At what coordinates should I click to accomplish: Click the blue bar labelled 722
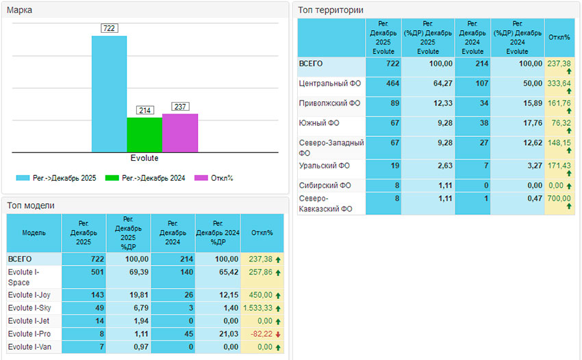pyautogui.click(x=109, y=94)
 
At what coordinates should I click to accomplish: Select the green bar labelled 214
pyautogui.click(x=144, y=135)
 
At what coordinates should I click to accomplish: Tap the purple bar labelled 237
pyautogui.click(x=180, y=133)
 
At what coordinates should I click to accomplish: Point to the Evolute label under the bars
pyautogui.click(x=144, y=158)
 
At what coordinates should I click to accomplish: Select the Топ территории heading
pyautogui.click(x=331, y=10)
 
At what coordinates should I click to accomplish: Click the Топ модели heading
pyautogui.click(x=30, y=205)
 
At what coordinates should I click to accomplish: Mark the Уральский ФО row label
pyautogui.click(x=325, y=166)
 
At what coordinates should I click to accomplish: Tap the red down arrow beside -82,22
pyautogui.click(x=277, y=334)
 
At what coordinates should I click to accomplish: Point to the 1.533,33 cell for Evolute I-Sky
pyautogui.click(x=257, y=308)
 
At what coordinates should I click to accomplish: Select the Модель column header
pyautogui.click(x=34, y=233)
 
